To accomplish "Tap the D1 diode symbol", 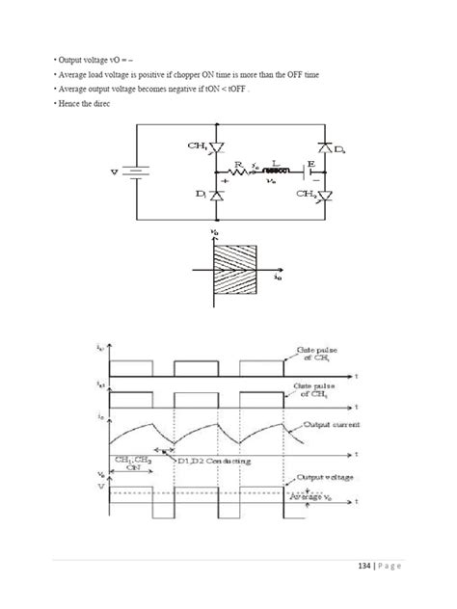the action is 215,196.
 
